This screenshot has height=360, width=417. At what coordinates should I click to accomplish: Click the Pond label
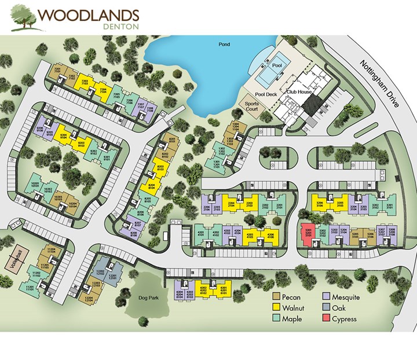(x=225, y=44)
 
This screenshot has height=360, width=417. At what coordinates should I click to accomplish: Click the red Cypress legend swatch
(x=326, y=319)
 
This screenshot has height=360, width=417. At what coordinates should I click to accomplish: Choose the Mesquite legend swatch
(x=326, y=297)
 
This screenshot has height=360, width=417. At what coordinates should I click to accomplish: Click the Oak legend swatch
(x=326, y=308)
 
